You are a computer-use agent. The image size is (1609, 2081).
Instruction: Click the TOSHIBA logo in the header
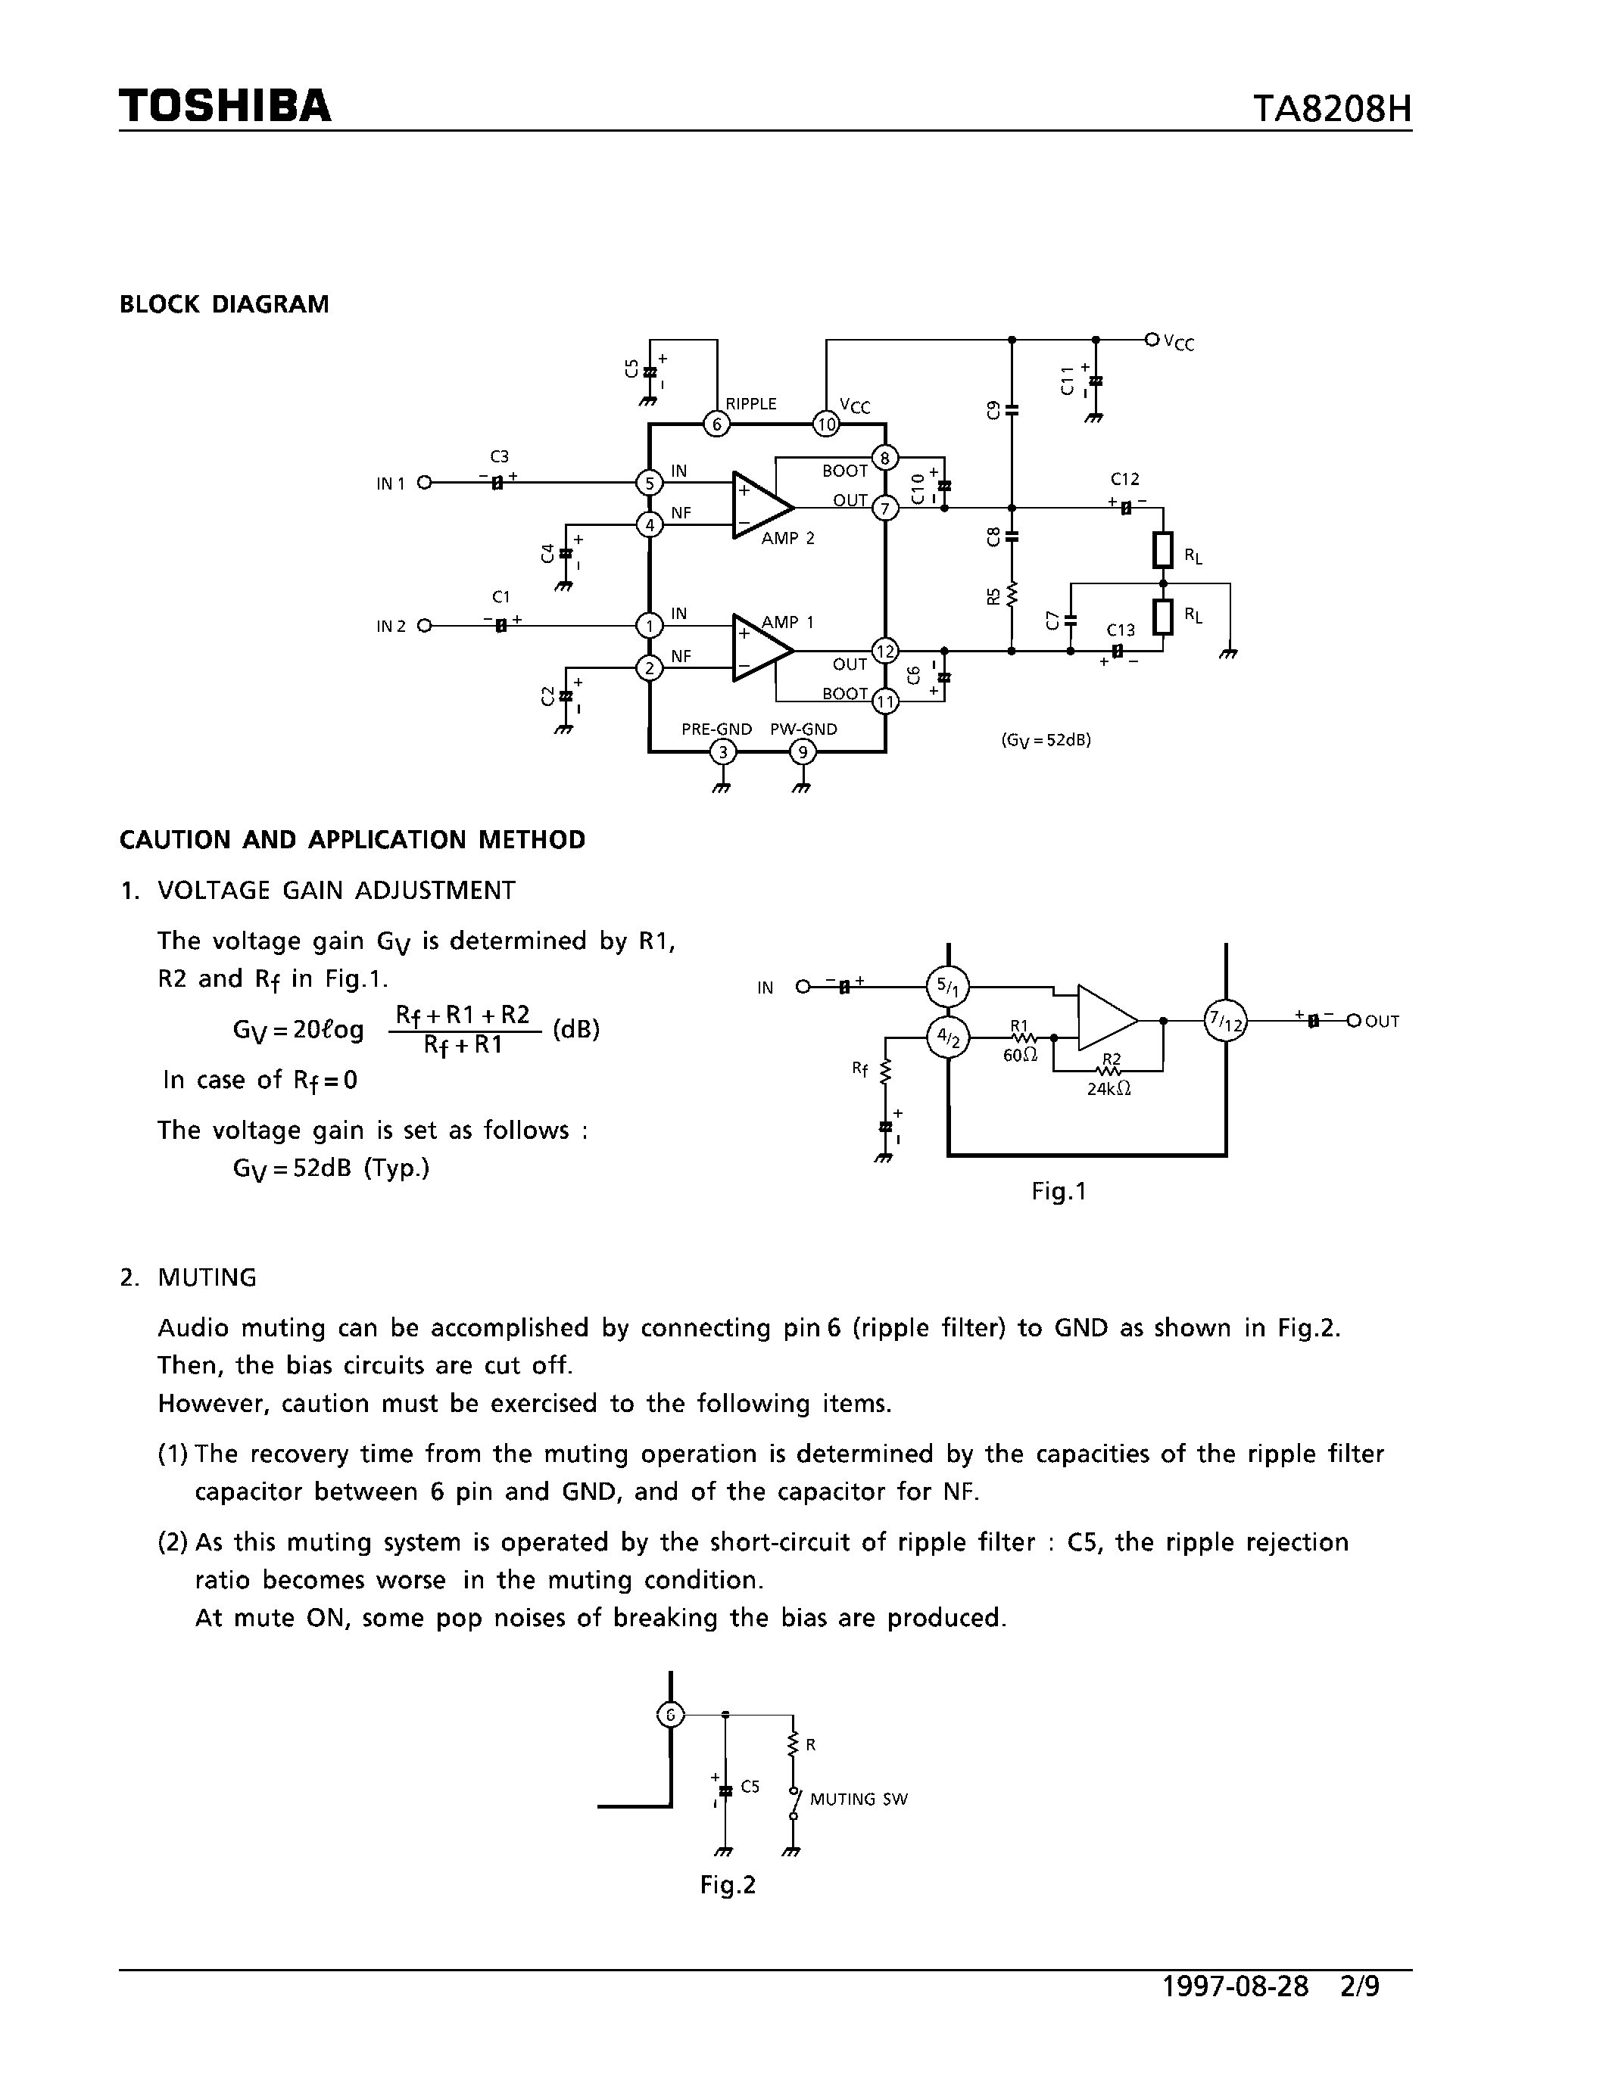point(225,106)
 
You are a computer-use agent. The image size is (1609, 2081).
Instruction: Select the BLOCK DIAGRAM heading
point(224,304)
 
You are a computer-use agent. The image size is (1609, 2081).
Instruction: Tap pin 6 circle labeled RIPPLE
point(716,424)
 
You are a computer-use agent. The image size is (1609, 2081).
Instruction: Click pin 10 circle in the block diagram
point(825,424)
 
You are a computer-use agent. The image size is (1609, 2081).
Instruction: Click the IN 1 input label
point(391,483)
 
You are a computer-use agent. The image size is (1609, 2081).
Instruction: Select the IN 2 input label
point(391,626)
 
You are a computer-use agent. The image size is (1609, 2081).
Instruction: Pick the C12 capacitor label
point(1124,479)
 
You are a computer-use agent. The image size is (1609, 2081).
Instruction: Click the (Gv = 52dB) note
point(1046,739)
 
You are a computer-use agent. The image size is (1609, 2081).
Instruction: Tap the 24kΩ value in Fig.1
point(1109,1089)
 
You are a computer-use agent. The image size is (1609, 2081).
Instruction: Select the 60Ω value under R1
point(1020,1055)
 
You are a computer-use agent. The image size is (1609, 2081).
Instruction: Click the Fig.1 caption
point(1058,1191)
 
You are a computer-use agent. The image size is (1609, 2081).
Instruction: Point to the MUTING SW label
point(859,1799)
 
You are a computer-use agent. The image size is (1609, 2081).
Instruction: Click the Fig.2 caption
point(728,1885)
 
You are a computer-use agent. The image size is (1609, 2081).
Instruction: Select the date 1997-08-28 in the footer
point(1236,2012)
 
